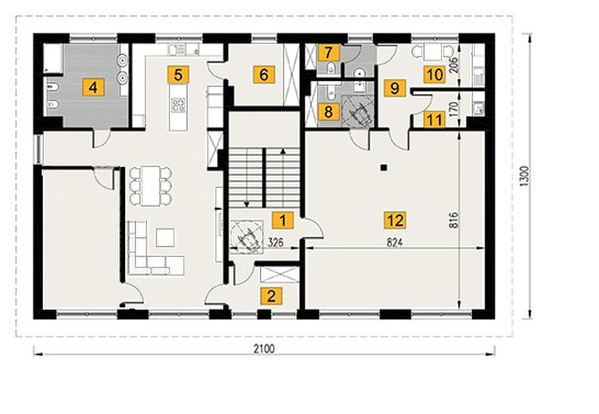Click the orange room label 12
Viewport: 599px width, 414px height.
pyautogui.click(x=395, y=221)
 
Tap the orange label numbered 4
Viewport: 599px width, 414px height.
pyautogui.click(x=93, y=88)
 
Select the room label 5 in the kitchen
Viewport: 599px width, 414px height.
pyautogui.click(x=178, y=75)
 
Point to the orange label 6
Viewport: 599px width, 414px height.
pyautogui.click(x=264, y=75)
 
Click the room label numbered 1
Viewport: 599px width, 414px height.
pyautogui.click(x=282, y=221)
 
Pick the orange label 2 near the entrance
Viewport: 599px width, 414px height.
pyautogui.click(x=271, y=296)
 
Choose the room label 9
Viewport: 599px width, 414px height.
pyautogui.click(x=395, y=88)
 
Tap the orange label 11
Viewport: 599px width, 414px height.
pyautogui.click(x=434, y=119)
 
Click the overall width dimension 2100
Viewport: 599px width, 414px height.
pyautogui.click(x=264, y=349)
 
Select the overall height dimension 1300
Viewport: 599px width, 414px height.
pyautogui.click(x=525, y=176)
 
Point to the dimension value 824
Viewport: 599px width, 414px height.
pyautogui.click(x=395, y=242)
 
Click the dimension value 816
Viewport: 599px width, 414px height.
pyautogui.click(x=453, y=221)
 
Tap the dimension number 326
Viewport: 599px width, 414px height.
pyautogui.click(x=275, y=242)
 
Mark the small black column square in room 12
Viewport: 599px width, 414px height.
pyautogui.click(x=384, y=167)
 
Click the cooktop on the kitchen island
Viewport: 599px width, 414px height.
pyautogui.click(x=178, y=105)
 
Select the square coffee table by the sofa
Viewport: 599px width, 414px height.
pyautogui.click(x=165, y=237)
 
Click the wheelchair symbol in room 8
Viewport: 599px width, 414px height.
pyautogui.click(x=359, y=110)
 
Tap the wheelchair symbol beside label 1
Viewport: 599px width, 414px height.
pyautogui.click(x=247, y=236)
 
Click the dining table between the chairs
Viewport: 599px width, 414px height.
pyautogui.click(x=150, y=186)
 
